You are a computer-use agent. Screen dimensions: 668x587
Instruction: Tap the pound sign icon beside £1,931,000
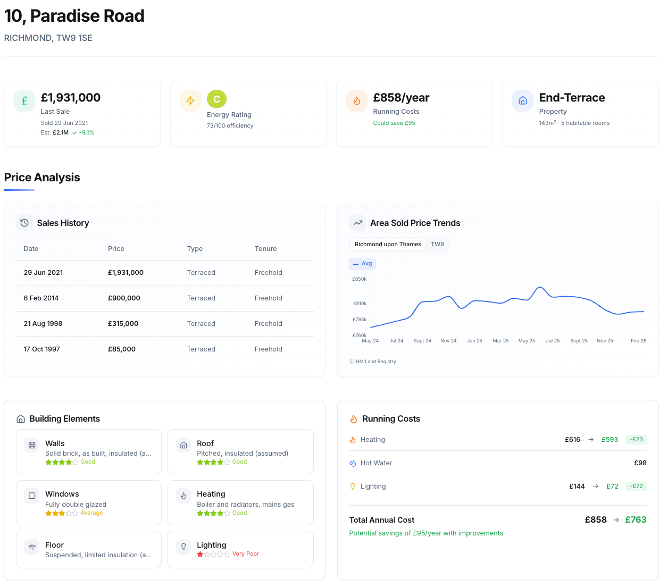24,101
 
